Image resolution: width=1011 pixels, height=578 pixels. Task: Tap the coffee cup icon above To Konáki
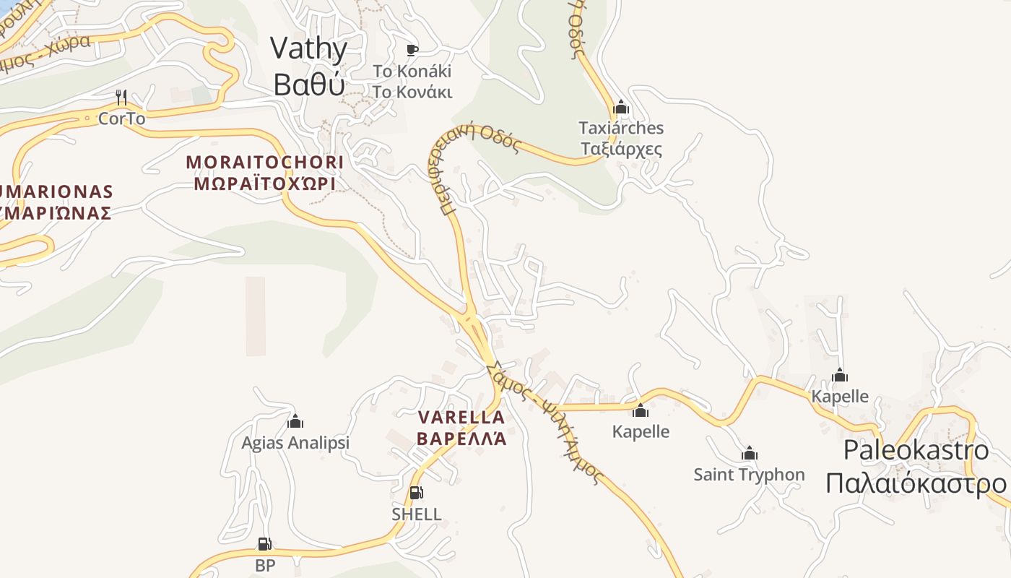(x=412, y=50)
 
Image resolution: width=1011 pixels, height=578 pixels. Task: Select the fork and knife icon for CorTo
(x=121, y=97)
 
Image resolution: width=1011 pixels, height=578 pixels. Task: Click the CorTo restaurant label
(x=121, y=118)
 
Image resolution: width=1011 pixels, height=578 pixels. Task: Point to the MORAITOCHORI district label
(x=265, y=172)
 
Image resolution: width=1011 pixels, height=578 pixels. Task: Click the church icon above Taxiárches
(x=621, y=108)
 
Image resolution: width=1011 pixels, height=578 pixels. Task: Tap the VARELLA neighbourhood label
(x=461, y=428)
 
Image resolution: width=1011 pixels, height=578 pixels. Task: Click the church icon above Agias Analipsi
(x=295, y=421)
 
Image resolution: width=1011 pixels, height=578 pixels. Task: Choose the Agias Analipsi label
(x=295, y=443)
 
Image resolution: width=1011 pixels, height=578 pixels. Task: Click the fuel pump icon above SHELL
(x=416, y=493)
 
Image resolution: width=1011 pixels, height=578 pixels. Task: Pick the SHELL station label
(x=416, y=514)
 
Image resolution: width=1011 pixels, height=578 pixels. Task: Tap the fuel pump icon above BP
(x=265, y=544)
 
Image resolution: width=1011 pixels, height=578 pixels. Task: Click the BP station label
(x=265, y=565)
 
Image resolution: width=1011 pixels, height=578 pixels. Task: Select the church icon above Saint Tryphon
(x=750, y=454)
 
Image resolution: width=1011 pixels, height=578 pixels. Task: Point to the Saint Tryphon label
(x=749, y=475)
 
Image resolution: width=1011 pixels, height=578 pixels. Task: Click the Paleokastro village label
(x=916, y=467)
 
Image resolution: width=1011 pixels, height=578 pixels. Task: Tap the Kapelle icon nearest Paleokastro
(x=839, y=375)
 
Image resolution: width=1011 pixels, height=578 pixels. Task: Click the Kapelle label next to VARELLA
(x=641, y=431)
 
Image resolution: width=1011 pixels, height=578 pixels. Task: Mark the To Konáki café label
(x=412, y=82)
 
